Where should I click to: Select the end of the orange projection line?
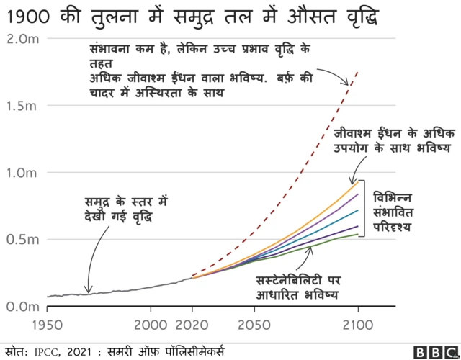pos(358,181)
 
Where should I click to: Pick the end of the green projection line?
pos(358,233)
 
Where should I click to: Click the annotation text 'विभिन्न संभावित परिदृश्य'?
pos(393,210)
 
